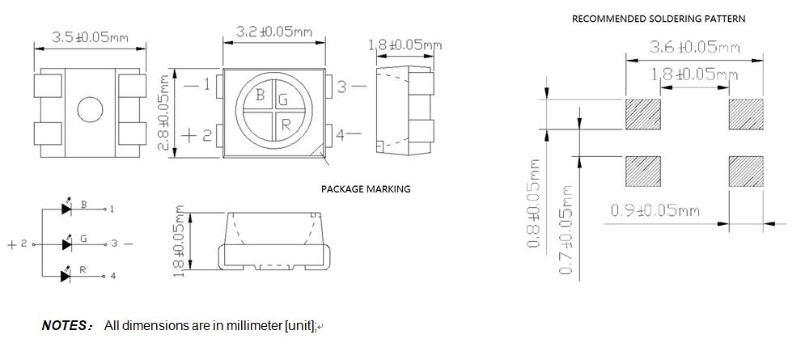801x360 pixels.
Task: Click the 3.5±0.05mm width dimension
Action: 89,37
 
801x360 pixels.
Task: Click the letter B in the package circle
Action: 261,95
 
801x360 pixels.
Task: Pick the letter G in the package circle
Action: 282,100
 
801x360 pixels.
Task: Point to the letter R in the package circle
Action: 286,124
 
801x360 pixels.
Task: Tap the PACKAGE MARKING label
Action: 366,189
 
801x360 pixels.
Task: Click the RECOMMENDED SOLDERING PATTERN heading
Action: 659,19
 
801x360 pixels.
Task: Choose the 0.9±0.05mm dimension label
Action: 655,212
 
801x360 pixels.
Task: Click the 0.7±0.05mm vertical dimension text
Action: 566,229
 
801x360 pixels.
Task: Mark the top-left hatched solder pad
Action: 644,115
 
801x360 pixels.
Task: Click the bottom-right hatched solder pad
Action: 746,172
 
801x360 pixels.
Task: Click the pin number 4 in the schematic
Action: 112,277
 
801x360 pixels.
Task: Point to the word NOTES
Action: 66,325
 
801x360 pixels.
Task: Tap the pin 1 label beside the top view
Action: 206,85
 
